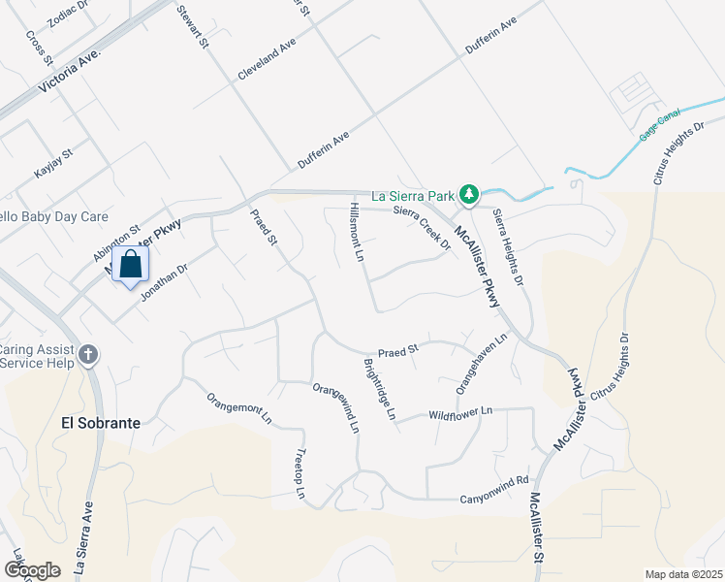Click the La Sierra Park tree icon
tap(469, 195)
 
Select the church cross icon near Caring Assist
tap(88, 355)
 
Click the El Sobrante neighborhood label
tap(101, 424)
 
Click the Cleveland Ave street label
tap(266, 61)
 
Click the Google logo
tap(32, 570)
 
